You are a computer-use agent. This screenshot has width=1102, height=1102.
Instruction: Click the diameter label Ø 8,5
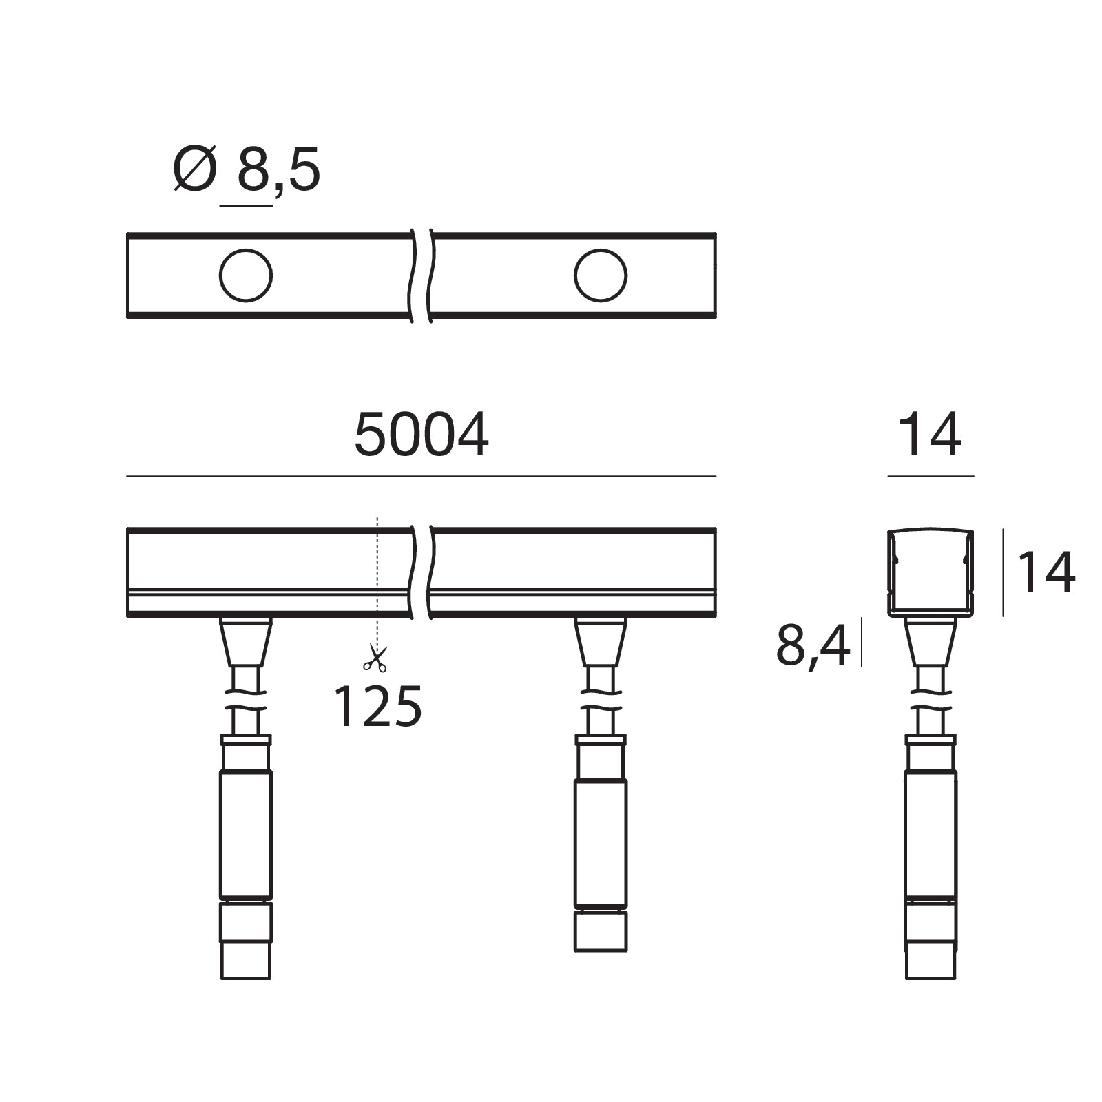(x=247, y=169)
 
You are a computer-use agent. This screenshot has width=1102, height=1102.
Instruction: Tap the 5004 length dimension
(x=422, y=435)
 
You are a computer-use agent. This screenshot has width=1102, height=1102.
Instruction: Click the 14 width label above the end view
(x=930, y=435)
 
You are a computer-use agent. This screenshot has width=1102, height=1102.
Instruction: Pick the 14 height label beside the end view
(x=1046, y=572)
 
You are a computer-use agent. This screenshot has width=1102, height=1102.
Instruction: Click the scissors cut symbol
(x=375, y=658)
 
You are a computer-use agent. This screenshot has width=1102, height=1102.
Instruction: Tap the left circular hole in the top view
(x=246, y=275)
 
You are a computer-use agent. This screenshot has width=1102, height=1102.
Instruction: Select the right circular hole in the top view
(x=601, y=275)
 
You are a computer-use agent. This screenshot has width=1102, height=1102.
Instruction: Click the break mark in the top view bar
(x=422, y=275)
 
